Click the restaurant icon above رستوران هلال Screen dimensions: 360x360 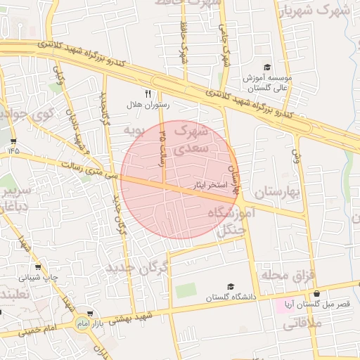pyautogui.click(x=148, y=93)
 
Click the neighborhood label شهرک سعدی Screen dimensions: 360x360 pyautogui.click(x=191, y=139)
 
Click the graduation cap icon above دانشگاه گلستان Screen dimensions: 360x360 pyautogui.click(x=230, y=287)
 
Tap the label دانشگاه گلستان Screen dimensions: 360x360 pyautogui.click(x=229, y=298)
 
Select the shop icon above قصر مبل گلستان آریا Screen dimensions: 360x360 pyautogui.click(x=316, y=293)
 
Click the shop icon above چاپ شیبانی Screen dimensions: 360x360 pyautogui.click(x=37, y=266)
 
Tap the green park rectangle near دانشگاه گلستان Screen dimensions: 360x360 pyautogui.click(x=186, y=290)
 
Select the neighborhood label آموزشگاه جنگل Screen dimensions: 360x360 pyautogui.click(x=229, y=220)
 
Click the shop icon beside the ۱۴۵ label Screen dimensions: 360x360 pyautogui.click(x=13, y=140)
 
